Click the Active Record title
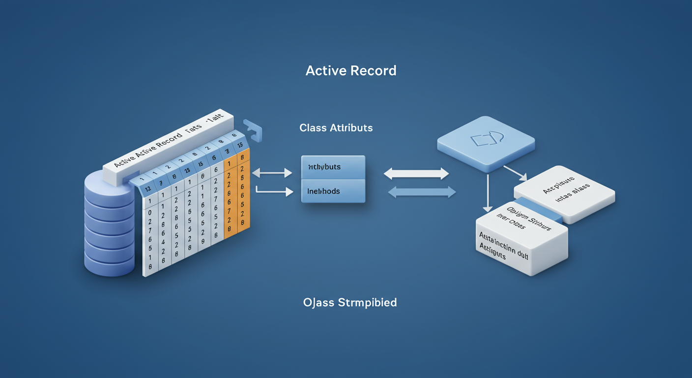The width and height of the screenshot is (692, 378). [x=351, y=71]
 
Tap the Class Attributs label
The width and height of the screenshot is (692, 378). [x=336, y=128]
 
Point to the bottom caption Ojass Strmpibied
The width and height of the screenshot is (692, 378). [x=350, y=302]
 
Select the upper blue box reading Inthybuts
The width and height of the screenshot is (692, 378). [x=333, y=167]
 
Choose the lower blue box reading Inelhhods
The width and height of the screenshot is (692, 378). [x=333, y=191]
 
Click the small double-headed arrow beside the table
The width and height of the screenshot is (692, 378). [x=272, y=173]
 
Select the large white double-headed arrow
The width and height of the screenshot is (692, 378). [x=416, y=173]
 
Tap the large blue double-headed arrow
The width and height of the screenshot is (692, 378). [x=422, y=192]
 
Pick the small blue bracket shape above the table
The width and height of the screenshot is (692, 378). [x=254, y=130]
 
